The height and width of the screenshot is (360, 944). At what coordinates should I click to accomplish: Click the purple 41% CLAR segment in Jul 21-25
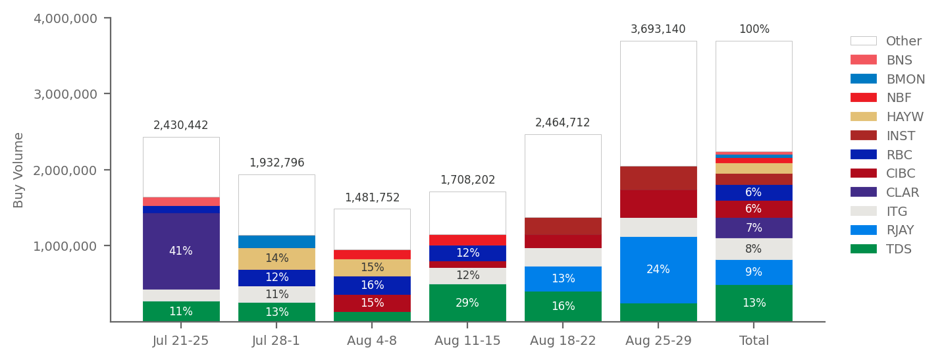point(181,251)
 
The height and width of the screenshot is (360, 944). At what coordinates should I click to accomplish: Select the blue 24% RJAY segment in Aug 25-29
point(658,270)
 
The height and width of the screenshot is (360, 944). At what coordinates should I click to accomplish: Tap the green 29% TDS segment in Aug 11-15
point(467,303)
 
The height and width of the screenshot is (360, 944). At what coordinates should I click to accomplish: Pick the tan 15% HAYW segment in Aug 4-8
point(372,268)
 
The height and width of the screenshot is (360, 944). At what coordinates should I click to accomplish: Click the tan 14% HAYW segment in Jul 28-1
point(276,259)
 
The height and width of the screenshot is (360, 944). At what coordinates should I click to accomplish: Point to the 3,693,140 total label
point(658,30)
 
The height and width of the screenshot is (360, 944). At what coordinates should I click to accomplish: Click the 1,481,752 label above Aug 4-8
point(372,198)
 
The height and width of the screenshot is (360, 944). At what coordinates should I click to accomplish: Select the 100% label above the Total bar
point(754,30)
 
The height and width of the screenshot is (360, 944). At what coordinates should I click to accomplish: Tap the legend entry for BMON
point(905,79)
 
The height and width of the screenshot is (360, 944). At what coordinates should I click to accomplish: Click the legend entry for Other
point(903,41)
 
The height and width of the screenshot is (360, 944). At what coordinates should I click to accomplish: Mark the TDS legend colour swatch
point(863,249)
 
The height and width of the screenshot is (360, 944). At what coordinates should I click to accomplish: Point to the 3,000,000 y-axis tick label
point(65,94)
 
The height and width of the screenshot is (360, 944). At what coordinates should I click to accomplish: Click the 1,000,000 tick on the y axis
point(65,246)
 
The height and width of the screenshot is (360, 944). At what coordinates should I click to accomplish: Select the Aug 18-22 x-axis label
point(563,341)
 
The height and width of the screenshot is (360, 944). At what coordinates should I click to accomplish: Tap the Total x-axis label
point(754,341)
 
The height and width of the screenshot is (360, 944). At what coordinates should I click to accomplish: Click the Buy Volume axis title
point(18,170)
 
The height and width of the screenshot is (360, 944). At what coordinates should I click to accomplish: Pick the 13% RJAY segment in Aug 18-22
point(563,278)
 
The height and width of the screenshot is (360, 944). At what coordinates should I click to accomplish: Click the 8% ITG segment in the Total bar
point(754,249)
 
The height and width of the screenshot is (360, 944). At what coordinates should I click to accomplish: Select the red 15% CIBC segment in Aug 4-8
point(372,303)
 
